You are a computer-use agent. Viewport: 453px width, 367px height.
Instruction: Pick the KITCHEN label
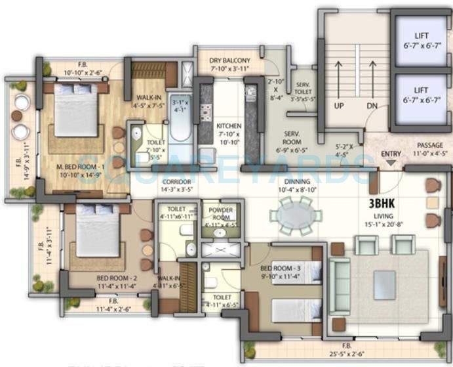229,126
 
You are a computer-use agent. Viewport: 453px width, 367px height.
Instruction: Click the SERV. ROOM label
292,137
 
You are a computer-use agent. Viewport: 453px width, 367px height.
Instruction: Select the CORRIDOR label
177,181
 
